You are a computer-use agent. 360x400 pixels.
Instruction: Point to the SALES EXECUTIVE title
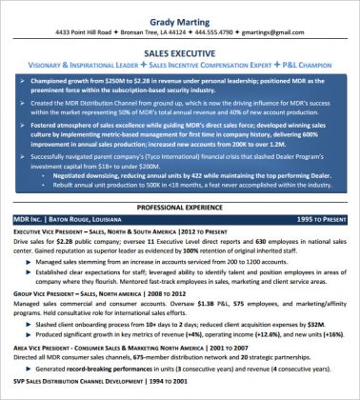[179, 55]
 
